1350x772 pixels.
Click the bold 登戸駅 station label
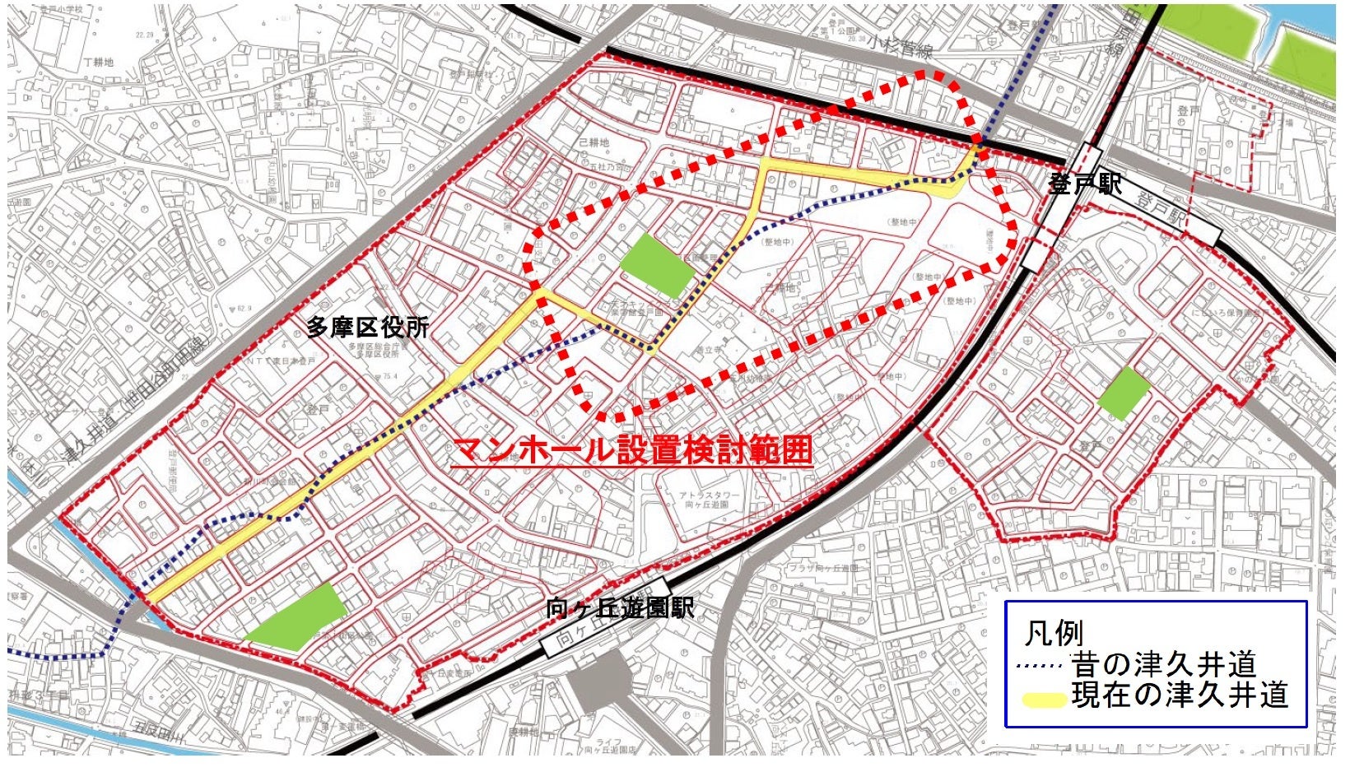(1084, 184)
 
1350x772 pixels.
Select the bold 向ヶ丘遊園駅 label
(620, 607)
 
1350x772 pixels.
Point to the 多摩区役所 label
(367, 328)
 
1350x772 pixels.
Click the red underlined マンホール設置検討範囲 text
(632, 450)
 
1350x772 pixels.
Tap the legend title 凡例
(1053, 634)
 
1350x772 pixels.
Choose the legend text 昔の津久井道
(1163, 664)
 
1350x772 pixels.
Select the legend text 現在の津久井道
(1180, 695)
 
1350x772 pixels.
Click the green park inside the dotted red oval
(656, 265)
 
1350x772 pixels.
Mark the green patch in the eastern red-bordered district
(1123, 393)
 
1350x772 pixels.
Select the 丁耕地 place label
(98, 63)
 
